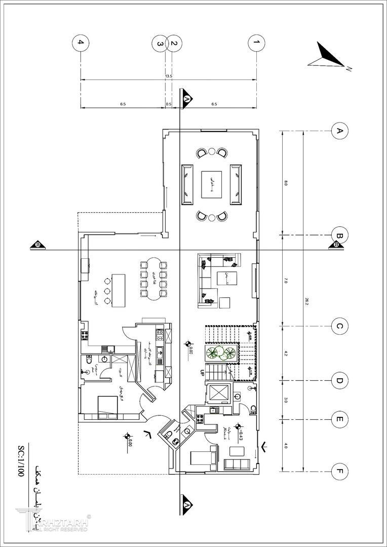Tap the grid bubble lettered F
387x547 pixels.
(x=339, y=473)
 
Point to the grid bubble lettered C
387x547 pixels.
(x=339, y=327)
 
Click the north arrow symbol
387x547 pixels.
(x=327, y=56)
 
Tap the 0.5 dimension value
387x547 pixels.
(x=169, y=104)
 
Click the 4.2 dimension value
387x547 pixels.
(x=286, y=353)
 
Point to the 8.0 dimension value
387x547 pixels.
(x=286, y=183)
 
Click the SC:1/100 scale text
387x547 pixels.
(x=21, y=462)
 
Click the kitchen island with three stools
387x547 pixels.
(x=118, y=290)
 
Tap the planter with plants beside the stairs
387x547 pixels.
(x=221, y=353)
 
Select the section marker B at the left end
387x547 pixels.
(x=38, y=246)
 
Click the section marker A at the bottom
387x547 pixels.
(x=186, y=504)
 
